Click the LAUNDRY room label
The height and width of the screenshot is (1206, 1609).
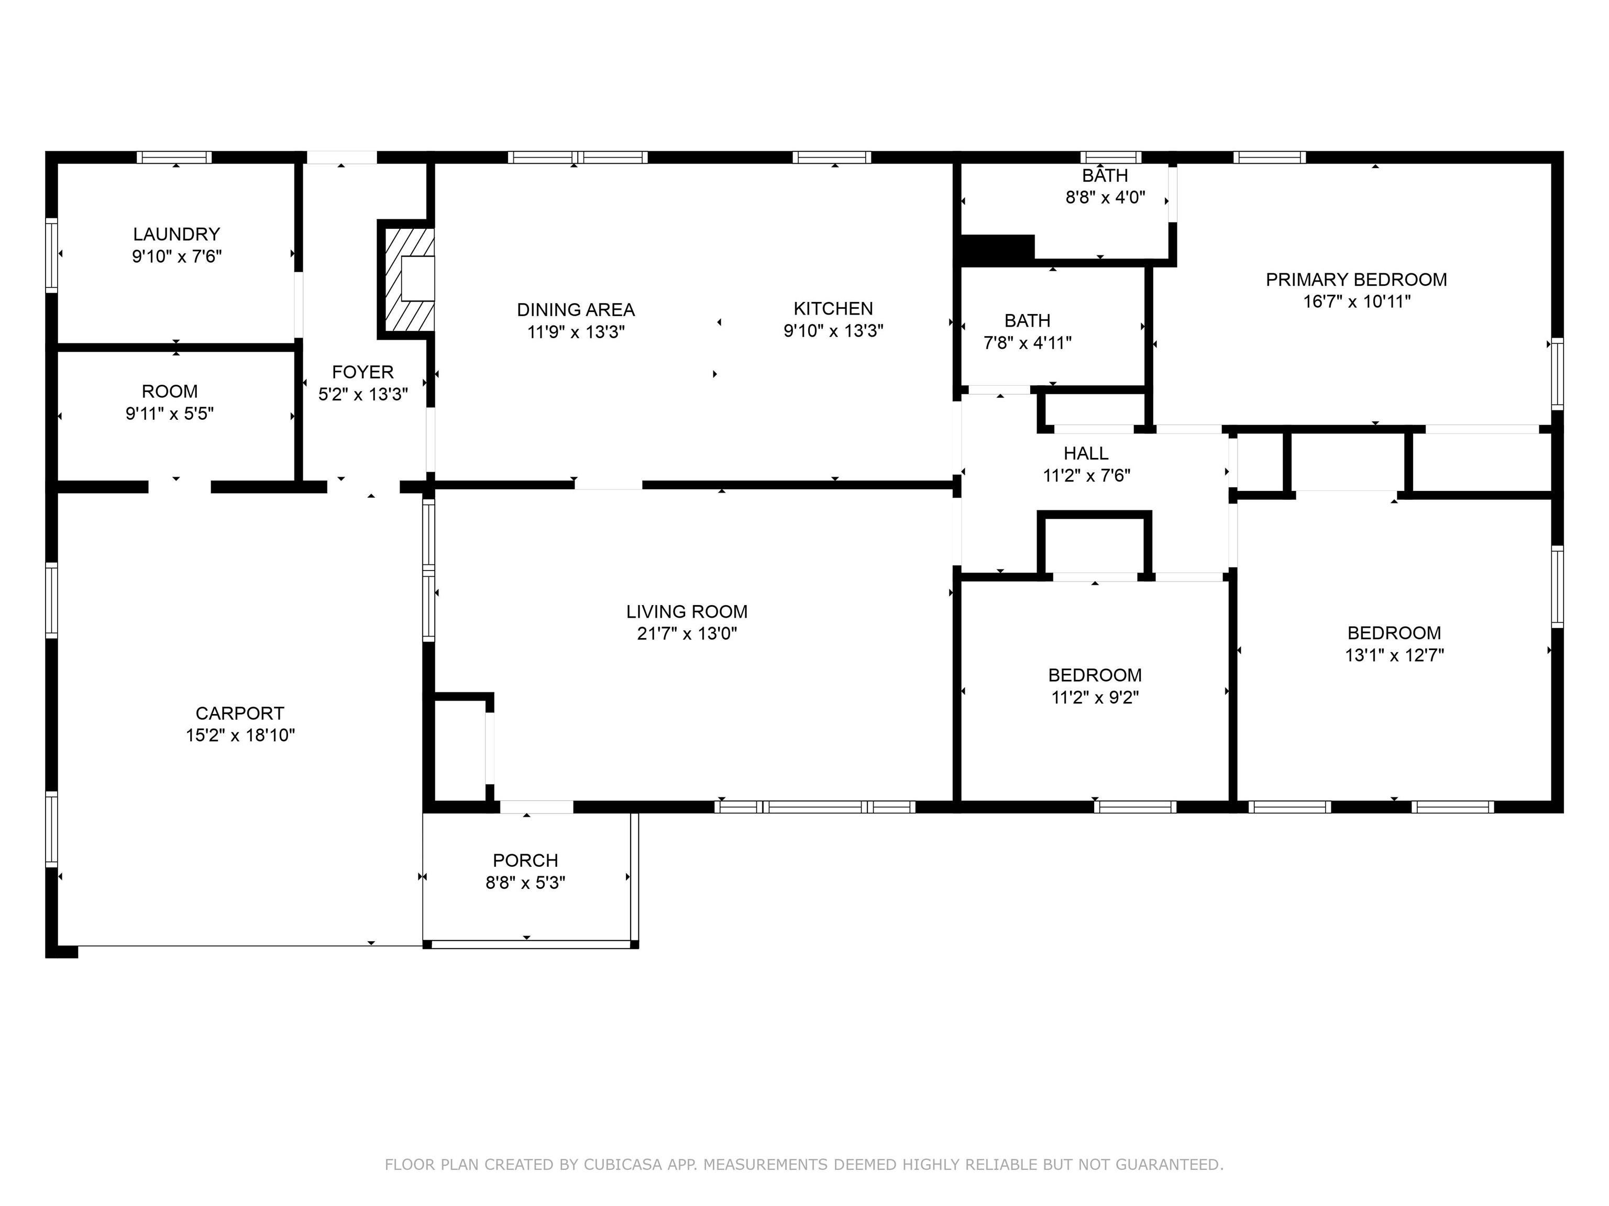(x=176, y=234)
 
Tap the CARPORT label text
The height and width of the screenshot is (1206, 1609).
(x=240, y=713)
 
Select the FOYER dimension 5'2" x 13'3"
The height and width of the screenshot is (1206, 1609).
(x=363, y=394)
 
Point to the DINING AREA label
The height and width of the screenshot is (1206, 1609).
(x=576, y=310)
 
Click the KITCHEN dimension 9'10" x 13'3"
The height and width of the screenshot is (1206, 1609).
(x=834, y=331)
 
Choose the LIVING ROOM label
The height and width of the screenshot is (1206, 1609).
(x=687, y=611)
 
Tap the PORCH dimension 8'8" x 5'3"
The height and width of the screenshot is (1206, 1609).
(x=526, y=883)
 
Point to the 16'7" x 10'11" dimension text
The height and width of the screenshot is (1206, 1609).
(x=1357, y=301)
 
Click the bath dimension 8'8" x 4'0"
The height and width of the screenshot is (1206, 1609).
(x=1106, y=197)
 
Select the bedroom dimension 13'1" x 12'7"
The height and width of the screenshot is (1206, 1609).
(x=1394, y=655)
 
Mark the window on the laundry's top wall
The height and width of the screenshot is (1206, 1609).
(x=174, y=157)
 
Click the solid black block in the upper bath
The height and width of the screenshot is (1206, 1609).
(x=997, y=249)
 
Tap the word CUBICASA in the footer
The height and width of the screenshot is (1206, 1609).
(x=623, y=1165)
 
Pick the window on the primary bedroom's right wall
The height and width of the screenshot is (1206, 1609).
(x=1557, y=374)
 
